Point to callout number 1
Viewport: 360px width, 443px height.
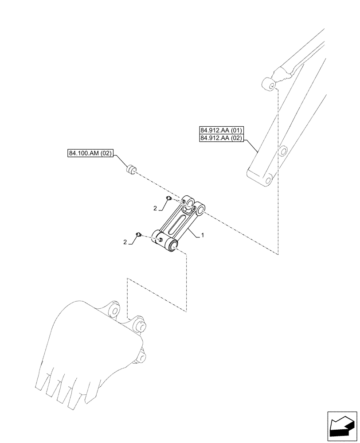(x=203, y=236)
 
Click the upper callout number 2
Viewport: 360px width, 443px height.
(x=155, y=208)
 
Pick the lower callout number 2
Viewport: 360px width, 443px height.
(x=125, y=242)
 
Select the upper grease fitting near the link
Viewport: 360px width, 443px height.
(x=168, y=198)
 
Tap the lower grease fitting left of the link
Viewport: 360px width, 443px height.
(x=138, y=234)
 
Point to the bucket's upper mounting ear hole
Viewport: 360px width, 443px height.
(x=115, y=309)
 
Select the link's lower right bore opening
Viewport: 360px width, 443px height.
(x=172, y=243)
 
